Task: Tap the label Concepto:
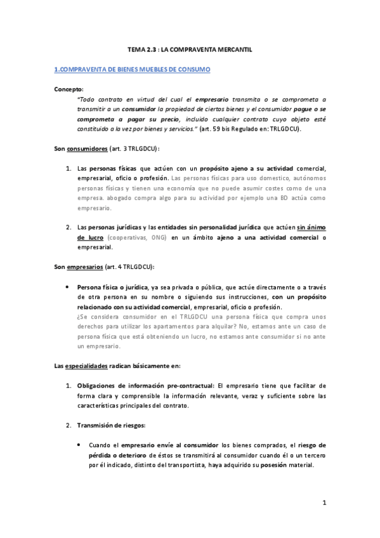tap(69, 89)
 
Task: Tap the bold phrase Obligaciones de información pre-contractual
tap(146, 385)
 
